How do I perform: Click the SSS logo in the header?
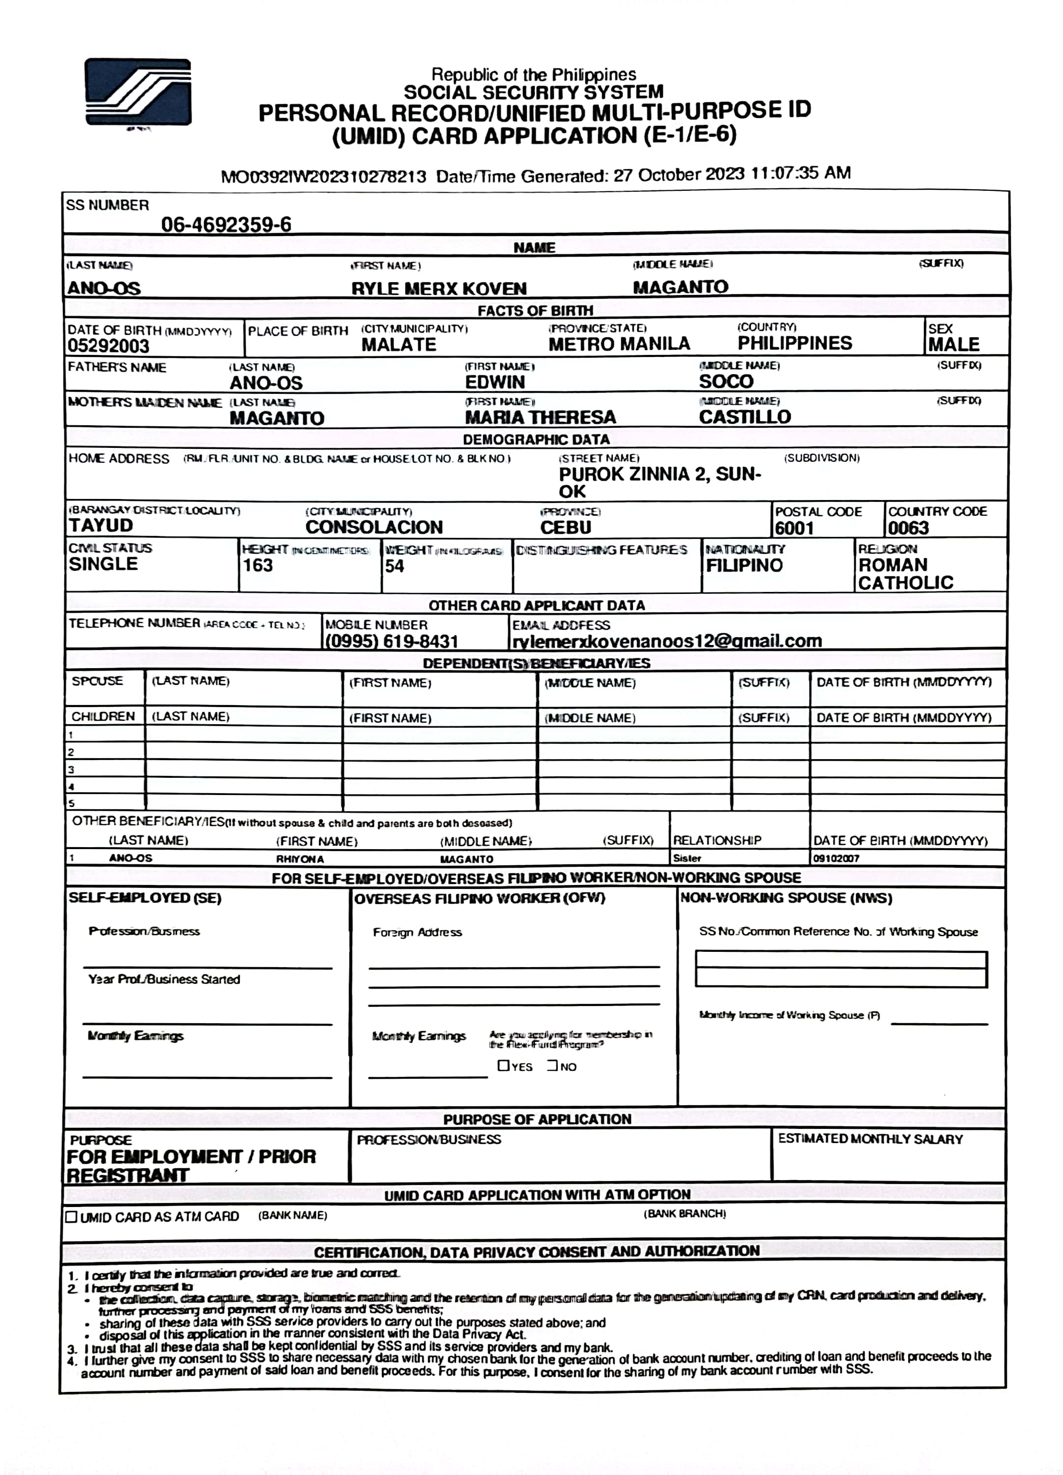138,92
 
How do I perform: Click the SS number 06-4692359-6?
226,225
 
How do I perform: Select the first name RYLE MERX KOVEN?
439,288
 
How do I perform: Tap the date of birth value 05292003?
109,346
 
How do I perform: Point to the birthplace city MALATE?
399,345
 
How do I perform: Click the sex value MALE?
953,345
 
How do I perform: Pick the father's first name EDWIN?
495,383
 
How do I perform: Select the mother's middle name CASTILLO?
745,417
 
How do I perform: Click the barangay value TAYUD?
101,526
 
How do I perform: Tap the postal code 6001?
794,528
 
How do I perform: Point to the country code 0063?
908,528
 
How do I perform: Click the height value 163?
258,565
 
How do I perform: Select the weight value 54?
394,566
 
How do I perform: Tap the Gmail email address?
667,641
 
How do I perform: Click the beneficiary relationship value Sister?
687,858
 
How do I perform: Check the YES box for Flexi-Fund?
503,1065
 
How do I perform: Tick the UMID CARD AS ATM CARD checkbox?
72,1216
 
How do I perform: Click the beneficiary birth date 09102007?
836,858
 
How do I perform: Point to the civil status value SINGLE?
103,564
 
